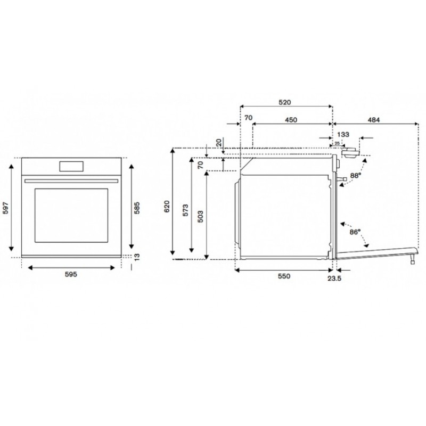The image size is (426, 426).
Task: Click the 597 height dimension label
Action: (6, 208)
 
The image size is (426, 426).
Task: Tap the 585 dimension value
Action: (137, 208)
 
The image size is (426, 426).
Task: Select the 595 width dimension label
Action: (71, 274)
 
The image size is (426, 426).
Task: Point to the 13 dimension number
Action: (137, 257)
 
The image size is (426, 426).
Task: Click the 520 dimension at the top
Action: (285, 102)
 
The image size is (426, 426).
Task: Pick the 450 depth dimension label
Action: (291, 120)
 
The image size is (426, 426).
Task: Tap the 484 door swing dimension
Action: (374, 120)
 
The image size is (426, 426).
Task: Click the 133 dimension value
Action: (343, 134)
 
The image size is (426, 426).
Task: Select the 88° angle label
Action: (356, 176)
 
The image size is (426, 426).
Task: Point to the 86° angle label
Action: (355, 232)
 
